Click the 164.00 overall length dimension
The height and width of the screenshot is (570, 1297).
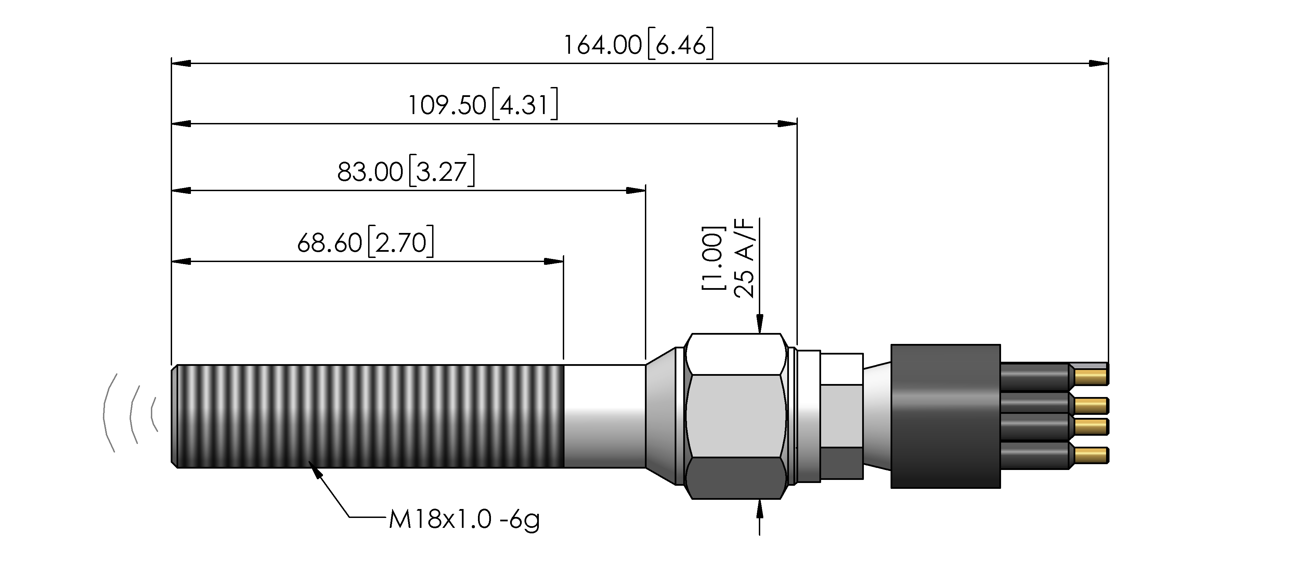(x=602, y=45)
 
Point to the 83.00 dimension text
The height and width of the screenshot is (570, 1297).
(x=370, y=172)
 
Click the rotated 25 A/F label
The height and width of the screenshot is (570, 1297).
(x=745, y=258)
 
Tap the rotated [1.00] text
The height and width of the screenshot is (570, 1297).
(x=713, y=258)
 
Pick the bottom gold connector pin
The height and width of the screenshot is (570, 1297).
(x=1091, y=455)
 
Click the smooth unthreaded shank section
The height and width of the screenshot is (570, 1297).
(x=605, y=416)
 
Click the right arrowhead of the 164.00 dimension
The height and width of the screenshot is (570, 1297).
(x=1099, y=63)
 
